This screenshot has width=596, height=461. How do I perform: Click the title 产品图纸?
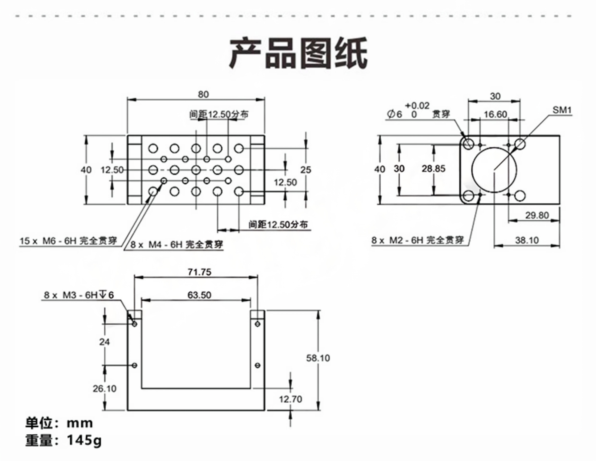pos(298,53)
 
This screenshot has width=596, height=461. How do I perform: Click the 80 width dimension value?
pos(203,94)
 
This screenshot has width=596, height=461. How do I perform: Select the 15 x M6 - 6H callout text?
pos(68,241)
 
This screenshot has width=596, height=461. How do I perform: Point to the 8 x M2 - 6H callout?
pos(417,240)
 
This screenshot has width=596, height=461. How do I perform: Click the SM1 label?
pos(562,110)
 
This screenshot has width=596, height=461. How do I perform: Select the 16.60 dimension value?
pos(495,114)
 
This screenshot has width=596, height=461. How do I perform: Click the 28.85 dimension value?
pos(433,169)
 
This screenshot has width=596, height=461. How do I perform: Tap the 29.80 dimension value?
pos(537,215)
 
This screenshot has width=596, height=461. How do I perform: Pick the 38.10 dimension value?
pos(527,240)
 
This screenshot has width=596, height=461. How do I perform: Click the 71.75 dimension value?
pos(199,272)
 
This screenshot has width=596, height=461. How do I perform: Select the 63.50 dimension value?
pos(199,295)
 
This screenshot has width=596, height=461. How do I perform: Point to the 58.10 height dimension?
pos(318,358)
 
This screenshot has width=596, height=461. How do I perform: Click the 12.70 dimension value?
pos(290,399)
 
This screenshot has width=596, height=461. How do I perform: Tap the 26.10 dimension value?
pos(105,388)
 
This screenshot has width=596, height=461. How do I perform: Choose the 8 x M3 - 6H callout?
pos(79,295)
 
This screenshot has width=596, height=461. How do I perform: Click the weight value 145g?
pos(84,440)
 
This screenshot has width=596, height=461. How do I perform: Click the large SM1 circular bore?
pos(494,170)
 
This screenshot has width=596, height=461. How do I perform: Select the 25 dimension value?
pos(306,170)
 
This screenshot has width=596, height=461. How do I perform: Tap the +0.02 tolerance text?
pos(417,105)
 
